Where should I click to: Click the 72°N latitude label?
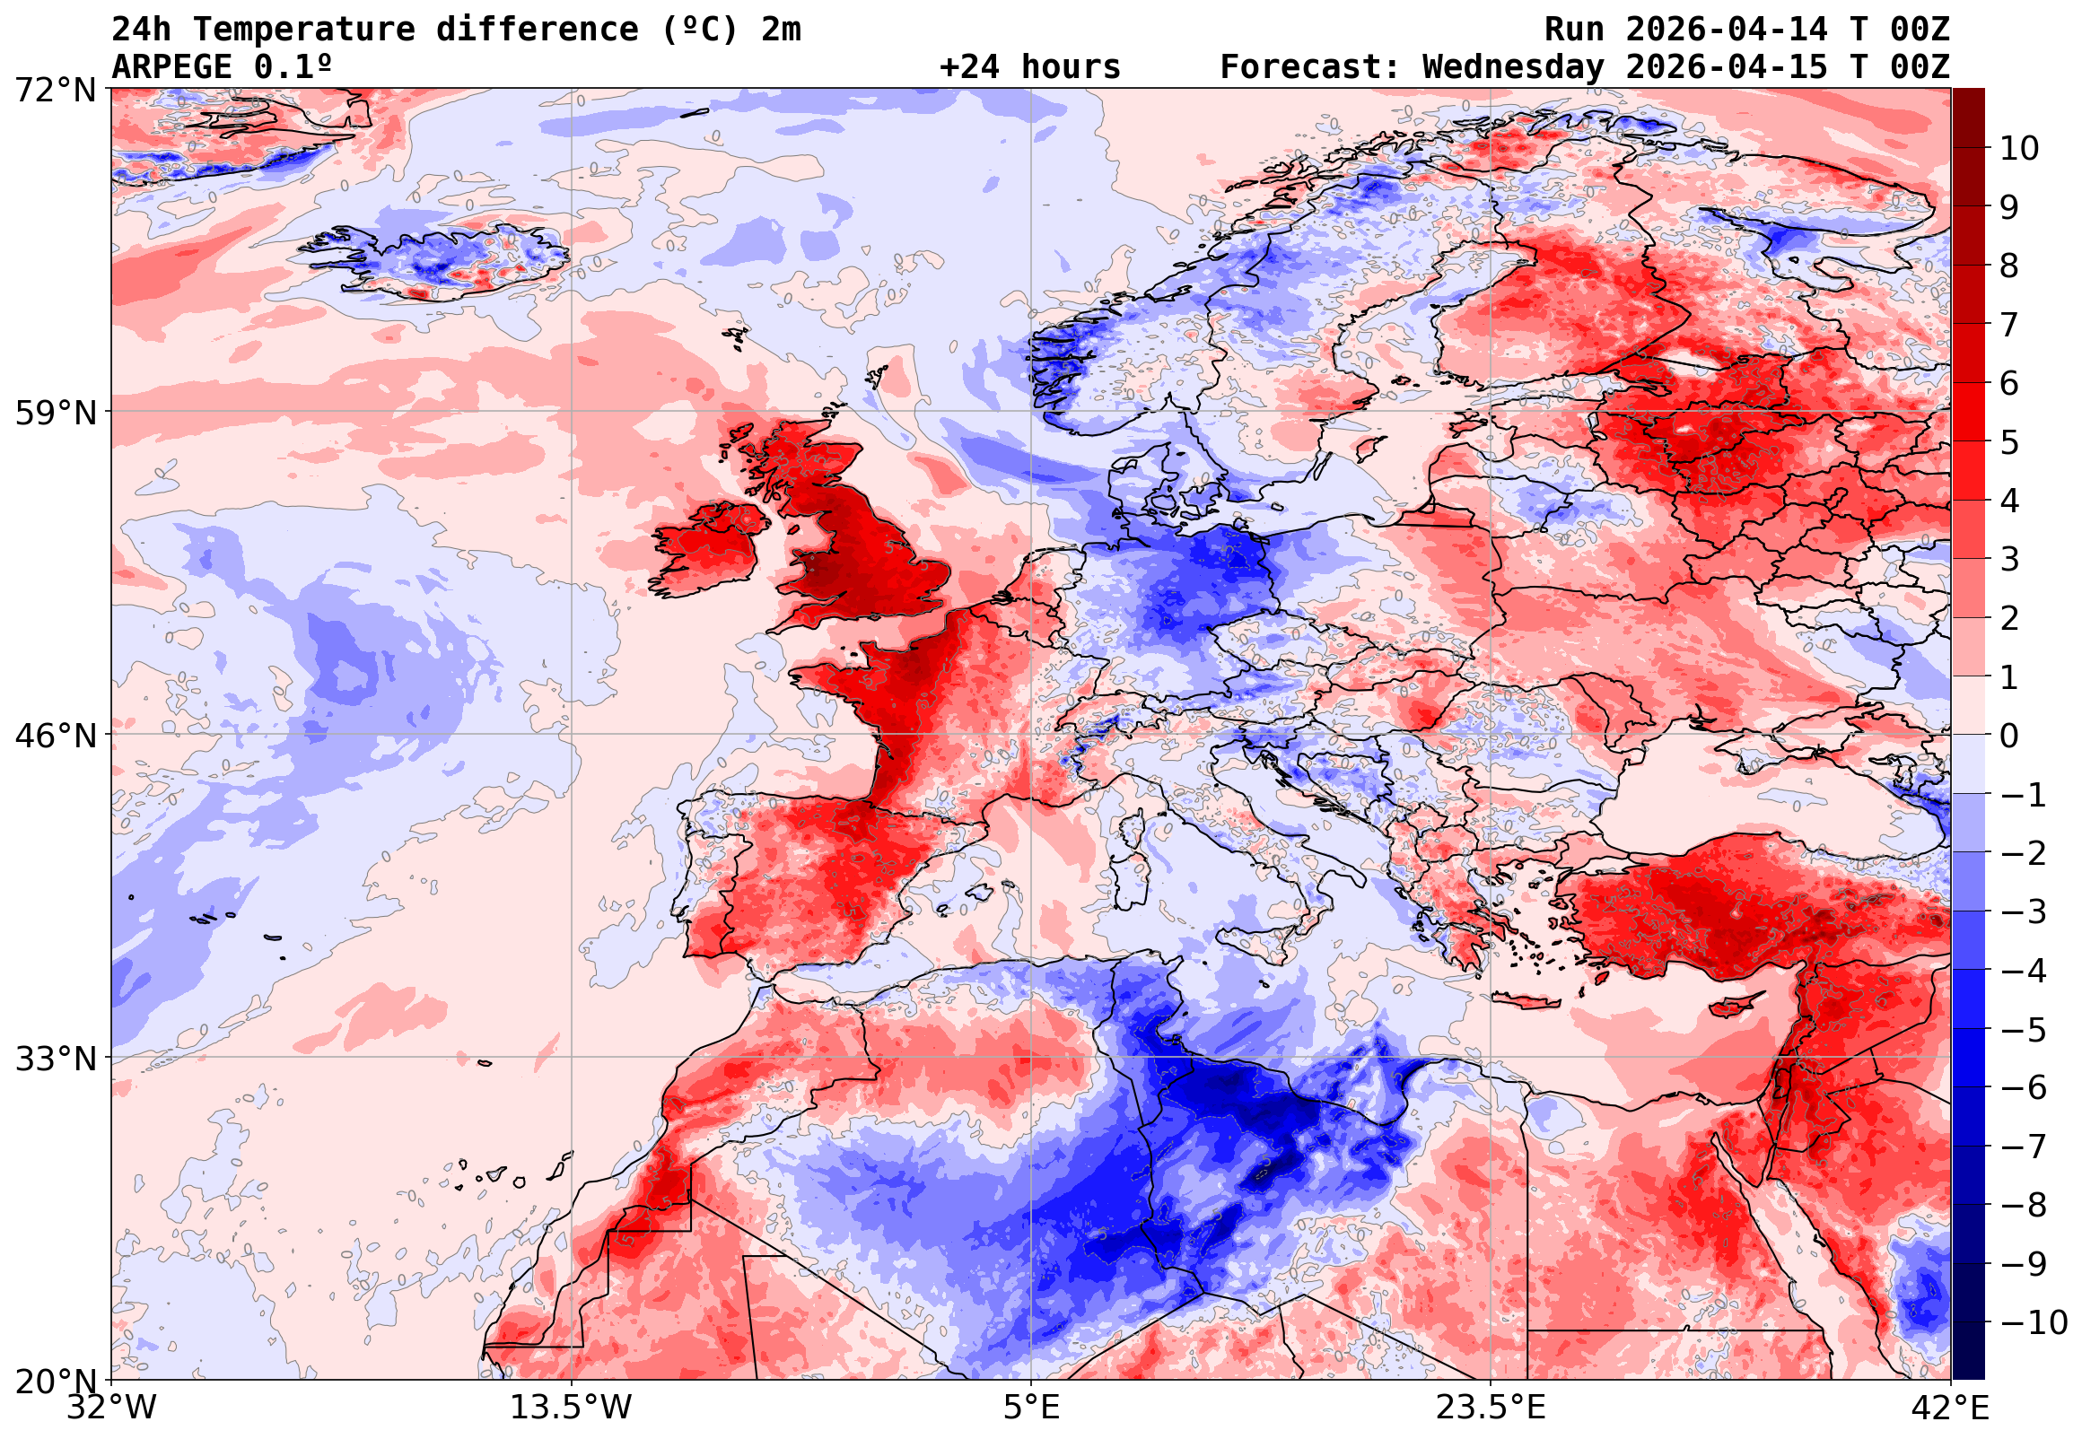pyautogui.click(x=55, y=92)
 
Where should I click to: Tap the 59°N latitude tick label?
pyautogui.click(x=55, y=414)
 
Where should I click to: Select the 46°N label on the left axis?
pyautogui.click(x=55, y=737)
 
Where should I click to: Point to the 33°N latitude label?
pyautogui.click(x=55, y=1060)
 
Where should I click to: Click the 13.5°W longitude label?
pyautogui.click(x=572, y=1408)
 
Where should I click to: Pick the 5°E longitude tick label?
pyautogui.click(x=1031, y=1408)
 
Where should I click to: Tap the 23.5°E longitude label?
pyautogui.click(x=1491, y=1408)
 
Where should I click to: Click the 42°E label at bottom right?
pyautogui.click(x=1949, y=1408)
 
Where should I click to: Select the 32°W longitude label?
pyautogui.click(x=111, y=1408)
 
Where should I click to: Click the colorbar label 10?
pyautogui.click(x=2019, y=149)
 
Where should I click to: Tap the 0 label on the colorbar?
pyautogui.click(x=2009, y=737)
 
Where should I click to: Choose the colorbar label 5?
pyautogui.click(x=2009, y=442)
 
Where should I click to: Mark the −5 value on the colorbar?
pyautogui.click(x=2024, y=1030)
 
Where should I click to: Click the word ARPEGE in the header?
pyautogui.click(x=172, y=67)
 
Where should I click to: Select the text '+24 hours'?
pyautogui.click(x=1029, y=67)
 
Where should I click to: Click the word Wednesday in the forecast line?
pyautogui.click(x=1513, y=67)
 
